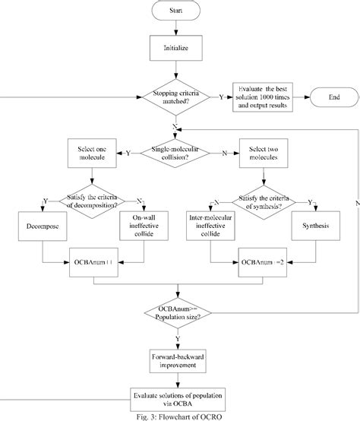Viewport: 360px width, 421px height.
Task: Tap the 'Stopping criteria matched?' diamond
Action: pyautogui.click(x=176, y=97)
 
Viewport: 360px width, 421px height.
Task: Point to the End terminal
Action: pyautogui.click(x=333, y=97)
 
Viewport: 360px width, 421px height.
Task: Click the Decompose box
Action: pyautogui.click(x=43, y=226)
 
